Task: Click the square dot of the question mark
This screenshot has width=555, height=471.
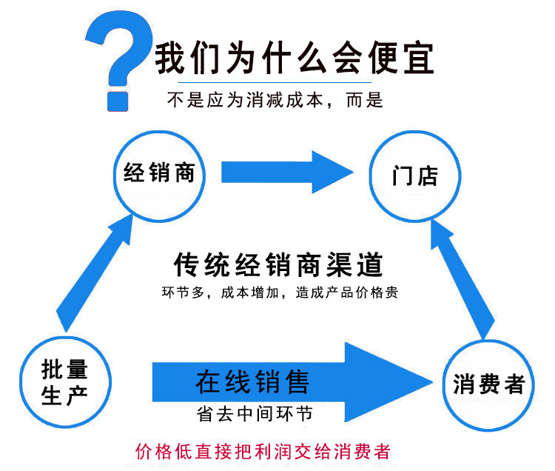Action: click(x=118, y=101)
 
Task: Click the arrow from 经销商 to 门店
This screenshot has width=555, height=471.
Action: click(x=287, y=172)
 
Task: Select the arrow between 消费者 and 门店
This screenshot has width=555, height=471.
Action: click(x=462, y=279)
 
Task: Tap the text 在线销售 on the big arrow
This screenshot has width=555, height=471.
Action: click(x=252, y=381)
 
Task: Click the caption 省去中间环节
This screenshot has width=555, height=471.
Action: click(x=255, y=414)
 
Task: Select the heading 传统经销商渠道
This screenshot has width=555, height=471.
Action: click(x=278, y=264)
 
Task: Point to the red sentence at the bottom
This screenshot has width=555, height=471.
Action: click(x=263, y=452)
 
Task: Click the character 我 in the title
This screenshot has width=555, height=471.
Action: click(x=171, y=58)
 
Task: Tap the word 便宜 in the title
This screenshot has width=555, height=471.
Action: click(x=401, y=58)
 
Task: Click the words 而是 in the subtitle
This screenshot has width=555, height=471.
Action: click(x=365, y=99)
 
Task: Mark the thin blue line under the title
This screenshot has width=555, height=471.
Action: click(x=275, y=82)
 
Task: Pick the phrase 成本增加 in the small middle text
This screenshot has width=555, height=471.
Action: click(x=250, y=293)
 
